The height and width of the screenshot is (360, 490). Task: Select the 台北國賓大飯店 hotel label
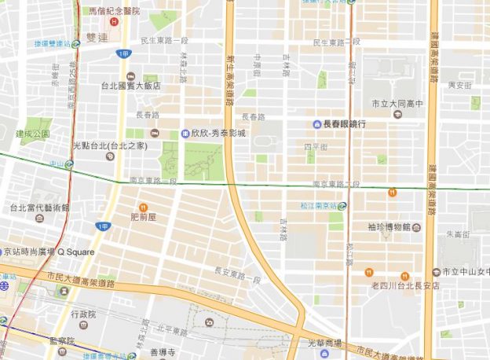pyautogui.click(x=130, y=86)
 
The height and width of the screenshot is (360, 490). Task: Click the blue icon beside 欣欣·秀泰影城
pyautogui.click(x=185, y=133)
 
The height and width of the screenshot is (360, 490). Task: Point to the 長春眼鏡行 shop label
pyautogui.click(x=344, y=123)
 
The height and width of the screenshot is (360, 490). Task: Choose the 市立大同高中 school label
pyautogui.click(x=397, y=103)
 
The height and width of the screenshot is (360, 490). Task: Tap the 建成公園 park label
pyautogui.click(x=32, y=134)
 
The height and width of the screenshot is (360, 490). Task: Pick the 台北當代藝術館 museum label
pyautogui.click(x=39, y=208)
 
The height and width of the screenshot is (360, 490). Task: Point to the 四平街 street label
pyautogui.click(x=313, y=146)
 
